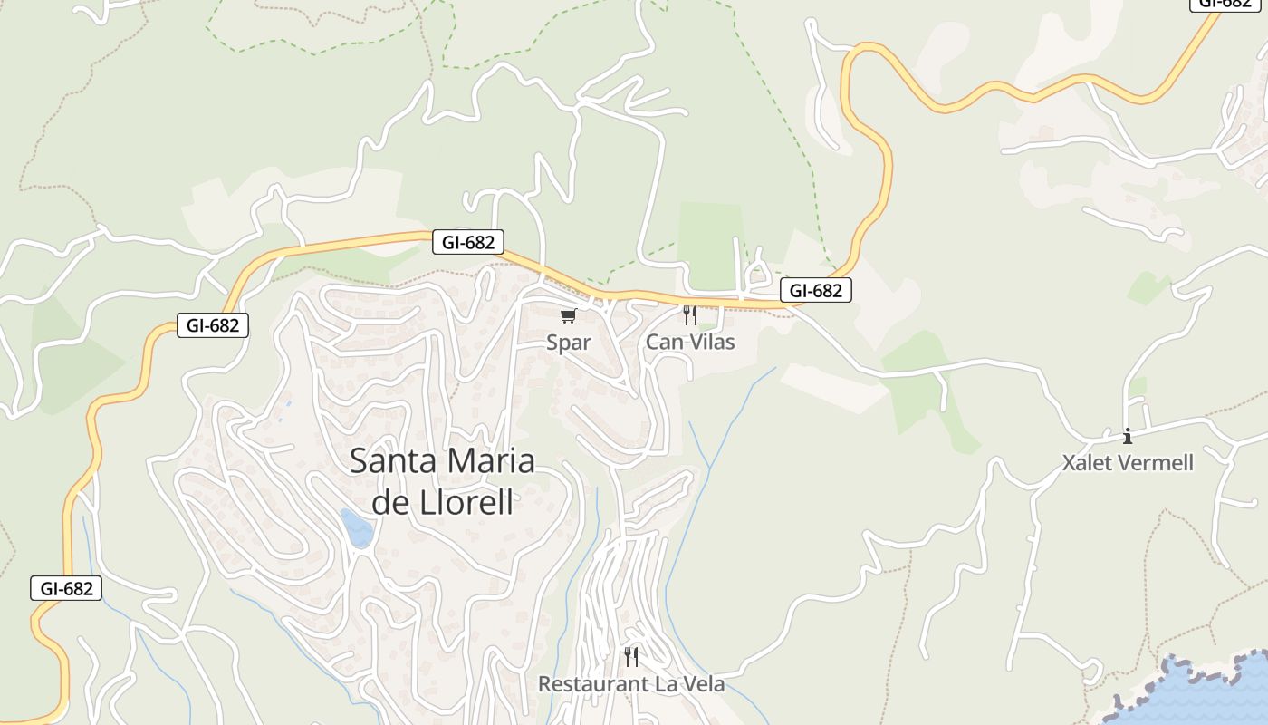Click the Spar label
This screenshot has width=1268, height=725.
click(568, 343)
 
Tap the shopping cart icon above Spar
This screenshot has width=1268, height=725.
click(568, 316)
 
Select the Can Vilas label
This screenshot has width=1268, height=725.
click(690, 342)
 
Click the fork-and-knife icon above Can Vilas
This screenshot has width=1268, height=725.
click(690, 315)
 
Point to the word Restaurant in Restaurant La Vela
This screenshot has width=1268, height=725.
click(589, 684)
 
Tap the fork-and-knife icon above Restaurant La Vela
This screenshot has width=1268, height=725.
click(631, 657)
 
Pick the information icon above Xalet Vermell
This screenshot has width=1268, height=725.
click(1128, 437)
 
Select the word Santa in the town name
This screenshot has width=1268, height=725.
click(391, 460)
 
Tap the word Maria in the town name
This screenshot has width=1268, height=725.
click(489, 460)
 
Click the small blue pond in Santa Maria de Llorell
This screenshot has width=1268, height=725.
click(356, 527)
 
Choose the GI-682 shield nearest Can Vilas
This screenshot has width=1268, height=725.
click(815, 290)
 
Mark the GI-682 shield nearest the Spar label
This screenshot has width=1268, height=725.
click(467, 242)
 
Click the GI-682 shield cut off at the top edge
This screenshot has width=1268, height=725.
click(1225, 4)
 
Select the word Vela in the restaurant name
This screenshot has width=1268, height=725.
click(704, 684)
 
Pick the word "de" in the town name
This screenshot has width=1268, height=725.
click(390, 501)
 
